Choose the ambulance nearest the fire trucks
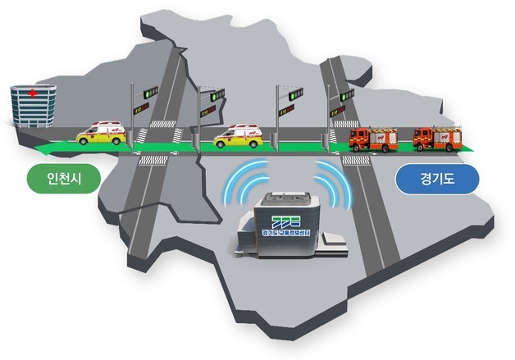[x=237, y=136]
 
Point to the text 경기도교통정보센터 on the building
[x=278, y=233]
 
